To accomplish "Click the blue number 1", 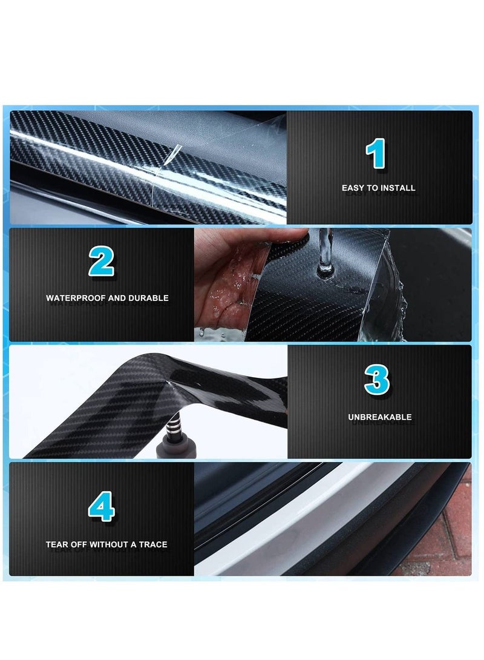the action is [376, 153].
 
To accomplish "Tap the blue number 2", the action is [101, 262].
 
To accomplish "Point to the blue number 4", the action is [101, 506].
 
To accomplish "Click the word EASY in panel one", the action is [352, 188].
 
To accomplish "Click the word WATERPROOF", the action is [76, 298].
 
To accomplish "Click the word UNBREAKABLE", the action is [380, 417].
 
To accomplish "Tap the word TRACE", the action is [153, 544].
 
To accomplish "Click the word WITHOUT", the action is [108, 544].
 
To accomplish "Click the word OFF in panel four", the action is [79, 544].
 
